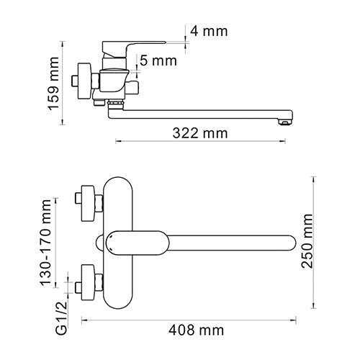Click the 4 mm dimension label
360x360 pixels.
click(208, 31)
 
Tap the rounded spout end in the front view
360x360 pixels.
click(290, 242)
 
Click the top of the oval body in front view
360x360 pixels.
click(120, 179)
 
